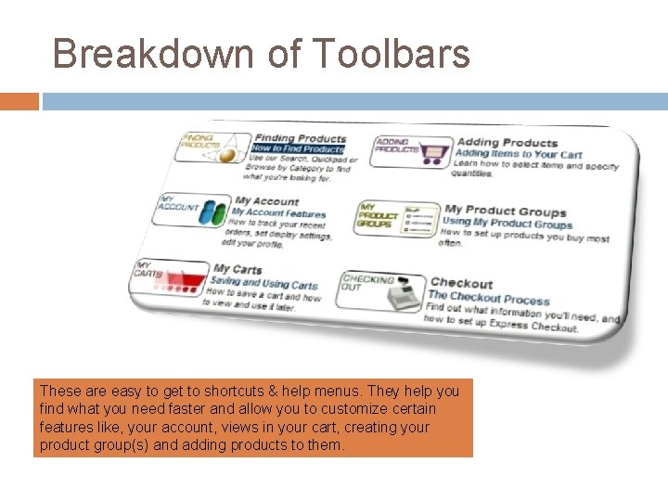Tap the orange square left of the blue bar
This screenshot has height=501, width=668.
[x=19, y=100]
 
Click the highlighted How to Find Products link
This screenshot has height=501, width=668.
[x=298, y=148]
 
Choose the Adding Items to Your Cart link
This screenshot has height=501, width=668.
[x=519, y=154]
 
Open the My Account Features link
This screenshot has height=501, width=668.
[x=278, y=213]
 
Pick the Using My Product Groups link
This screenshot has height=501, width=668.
[x=507, y=224]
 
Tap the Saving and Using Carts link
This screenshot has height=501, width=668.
[x=263, y=284]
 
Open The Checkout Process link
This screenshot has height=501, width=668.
[x=488, y=299]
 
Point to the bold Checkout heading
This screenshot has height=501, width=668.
[x=461, y=284]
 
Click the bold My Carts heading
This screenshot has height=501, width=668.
[x=238, y=270]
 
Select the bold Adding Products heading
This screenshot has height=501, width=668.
[x=507, y=142]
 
